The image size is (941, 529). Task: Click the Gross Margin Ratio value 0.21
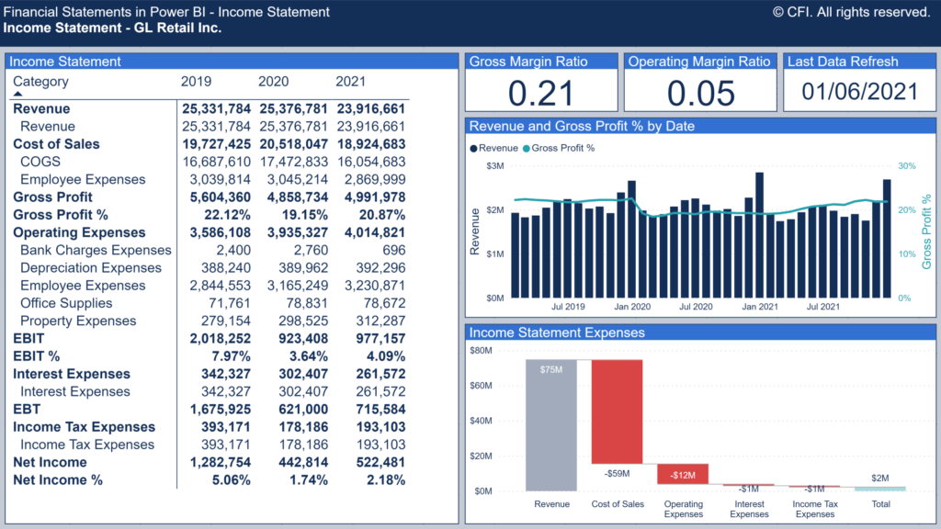coord(540,93)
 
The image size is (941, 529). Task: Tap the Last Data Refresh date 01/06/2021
coord(859,92)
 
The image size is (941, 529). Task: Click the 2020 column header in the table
coord(273,82)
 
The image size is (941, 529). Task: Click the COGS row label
coord(40,162)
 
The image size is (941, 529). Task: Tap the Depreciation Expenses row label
coord(91,268)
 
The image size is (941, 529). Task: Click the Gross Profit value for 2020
coord(293,197)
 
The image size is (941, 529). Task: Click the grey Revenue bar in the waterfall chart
coord(551,424)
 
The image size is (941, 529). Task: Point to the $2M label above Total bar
coord(880,478)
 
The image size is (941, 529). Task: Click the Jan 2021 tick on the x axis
coord(760,307)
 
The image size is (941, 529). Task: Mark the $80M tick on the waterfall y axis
coord(481,350)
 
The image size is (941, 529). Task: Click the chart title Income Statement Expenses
coord(557,332)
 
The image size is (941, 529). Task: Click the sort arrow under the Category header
coord(17,94)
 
